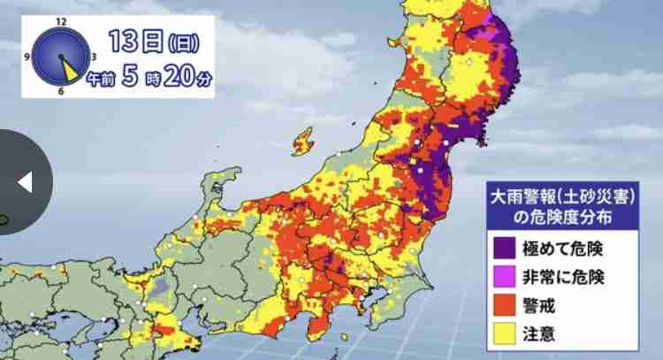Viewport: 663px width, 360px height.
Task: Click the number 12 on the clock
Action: (60, 19)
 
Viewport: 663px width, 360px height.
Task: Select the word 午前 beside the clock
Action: (101, 80)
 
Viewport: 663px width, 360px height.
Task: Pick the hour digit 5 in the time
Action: (129, 77)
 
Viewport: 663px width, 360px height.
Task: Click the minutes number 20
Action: (177, 77)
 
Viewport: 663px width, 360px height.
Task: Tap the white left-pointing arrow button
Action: (25, 182)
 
